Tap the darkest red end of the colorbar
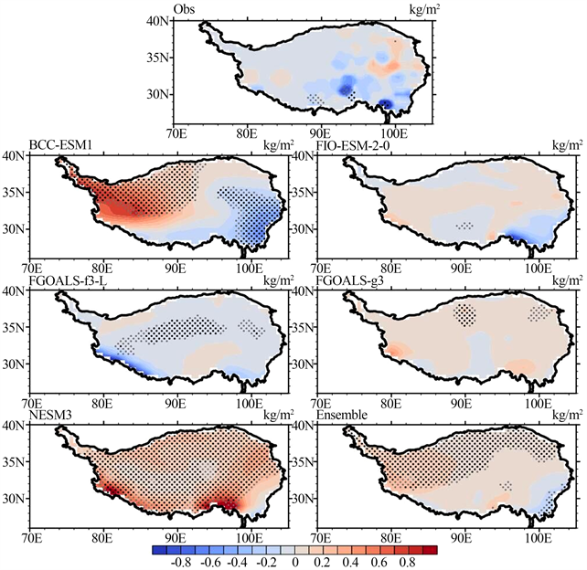[x=430, y=549]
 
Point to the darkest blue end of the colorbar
[x=158, y=549]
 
